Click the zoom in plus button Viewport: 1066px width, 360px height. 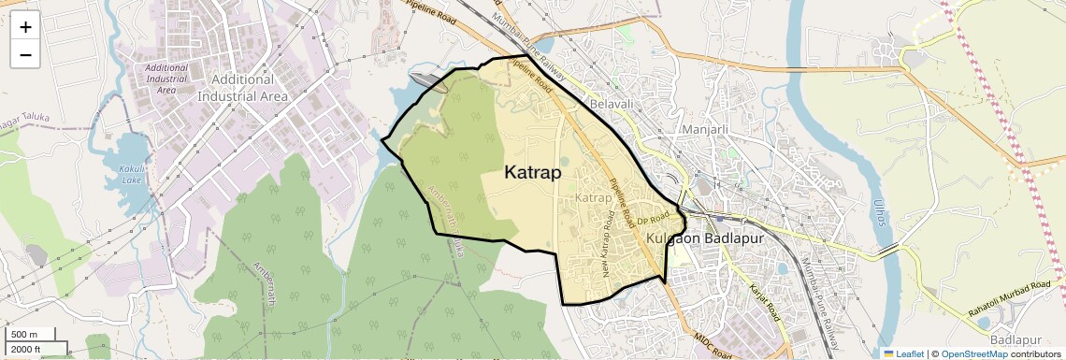tap(25, 26)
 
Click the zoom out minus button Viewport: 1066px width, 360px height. tap(25, 54)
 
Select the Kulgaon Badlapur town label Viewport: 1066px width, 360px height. tap(705, 239)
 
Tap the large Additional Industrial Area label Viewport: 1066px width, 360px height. tap(242, 88)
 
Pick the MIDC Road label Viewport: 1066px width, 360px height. tap(713, 345)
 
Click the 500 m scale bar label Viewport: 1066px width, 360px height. tap(24, 335)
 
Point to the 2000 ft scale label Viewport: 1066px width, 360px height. tap(26, 349)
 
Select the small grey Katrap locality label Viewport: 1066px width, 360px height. tap(593, 198)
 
